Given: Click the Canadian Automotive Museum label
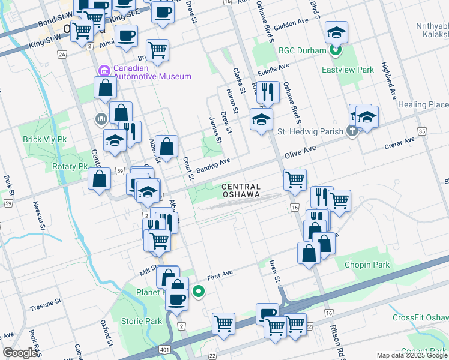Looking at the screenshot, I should tap(152, 71).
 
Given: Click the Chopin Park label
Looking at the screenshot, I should tap(367, 265).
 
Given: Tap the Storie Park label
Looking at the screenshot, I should tap(142, 321).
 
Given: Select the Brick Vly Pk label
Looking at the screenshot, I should tap(44, 139).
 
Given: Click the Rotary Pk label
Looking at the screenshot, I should tap(70, 166).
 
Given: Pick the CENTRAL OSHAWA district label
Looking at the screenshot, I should tap(241, 190).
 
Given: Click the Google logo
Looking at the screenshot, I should tap(20, 353).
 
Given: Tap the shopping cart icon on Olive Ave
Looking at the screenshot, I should tap(295, 179).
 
